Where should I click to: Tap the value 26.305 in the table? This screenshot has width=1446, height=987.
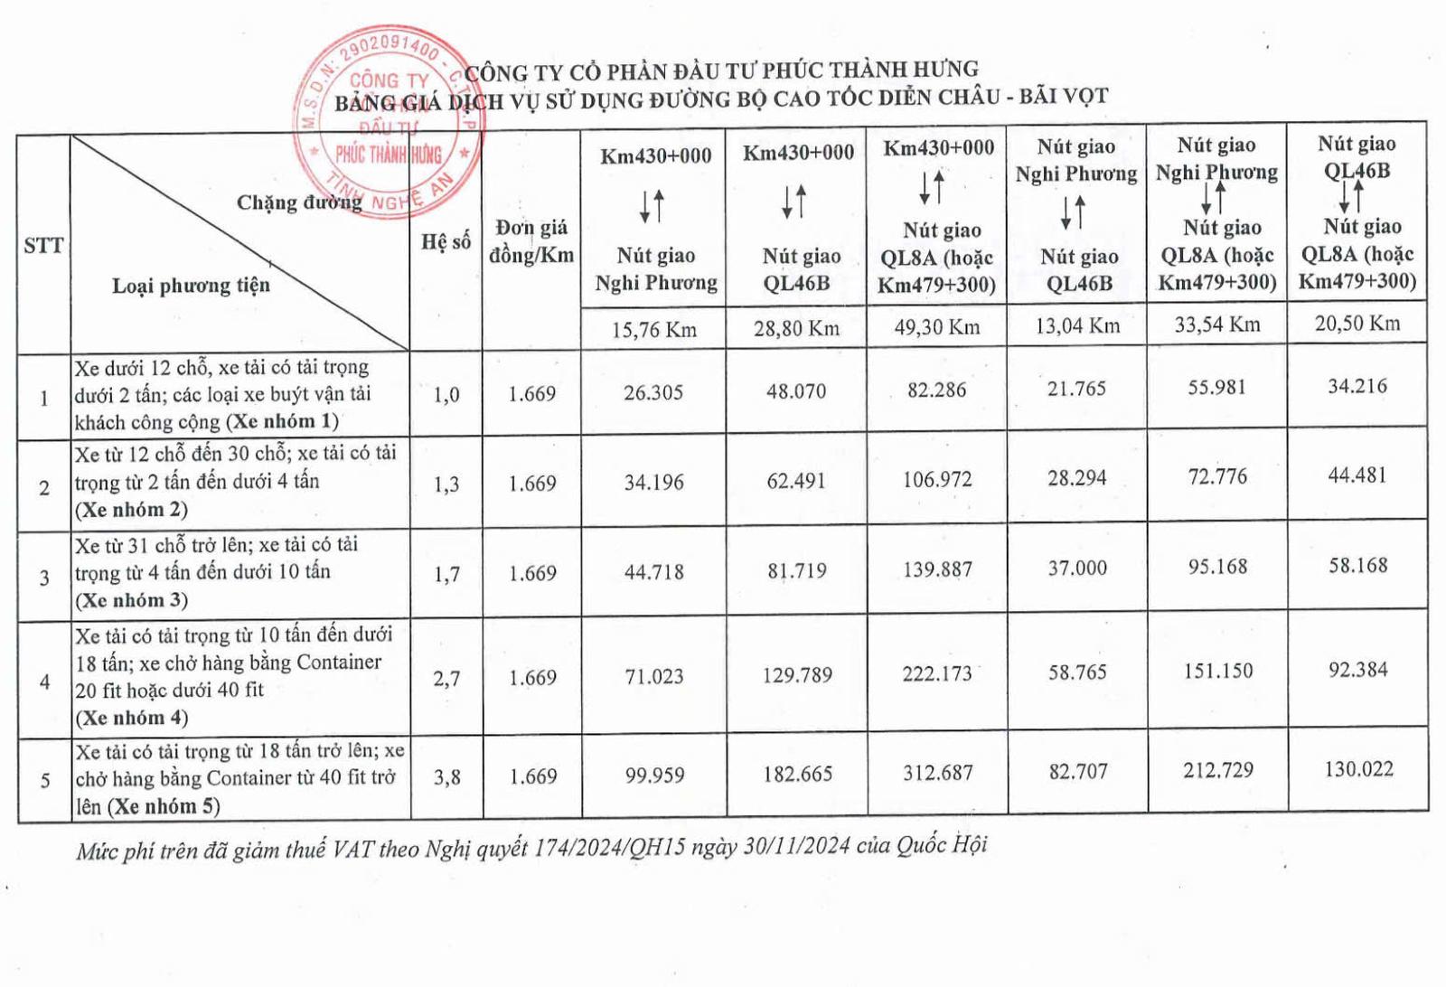pyautogui.click(x=653, y=392)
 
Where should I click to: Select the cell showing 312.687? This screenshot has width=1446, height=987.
pyautogui.click(x=938, y=774)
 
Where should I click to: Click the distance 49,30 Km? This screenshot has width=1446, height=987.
pyautogui.click(x=937, y=327)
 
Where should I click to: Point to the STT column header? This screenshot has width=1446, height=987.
pyautogui.click(x=43, y=245)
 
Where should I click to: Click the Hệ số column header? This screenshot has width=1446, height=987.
pyautogui.click(x=446, y=241)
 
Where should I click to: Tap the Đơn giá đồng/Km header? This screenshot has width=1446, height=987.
pyautogui.click(x=531, y=241)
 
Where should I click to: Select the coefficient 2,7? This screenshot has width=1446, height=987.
pyautogui.click(x=446, y=678)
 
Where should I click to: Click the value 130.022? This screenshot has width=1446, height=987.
pyautogui.click(x=1358, y=769)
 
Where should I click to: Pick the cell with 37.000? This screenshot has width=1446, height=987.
pyautogui.click(x=1077, y=569)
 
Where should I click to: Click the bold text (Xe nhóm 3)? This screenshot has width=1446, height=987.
pyautogui.click(x=132, y=600)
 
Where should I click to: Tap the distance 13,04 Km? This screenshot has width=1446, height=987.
pyautogui.click(x=1077, y=326)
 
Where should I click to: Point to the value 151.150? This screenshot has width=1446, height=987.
pyautogui.click(x=1218, y=671)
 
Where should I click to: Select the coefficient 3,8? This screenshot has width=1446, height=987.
pyautogui.click(x=446, y=776)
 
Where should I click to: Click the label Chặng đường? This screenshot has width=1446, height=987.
pyautogui.click(x=298, y=202)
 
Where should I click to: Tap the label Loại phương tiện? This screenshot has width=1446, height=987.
pyautogui.click(x=191, y=286)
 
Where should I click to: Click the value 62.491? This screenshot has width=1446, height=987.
pyautogui.click(x=796, y=481)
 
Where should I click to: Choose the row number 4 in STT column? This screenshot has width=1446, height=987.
pyautogui.click(x=44, y=681)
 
